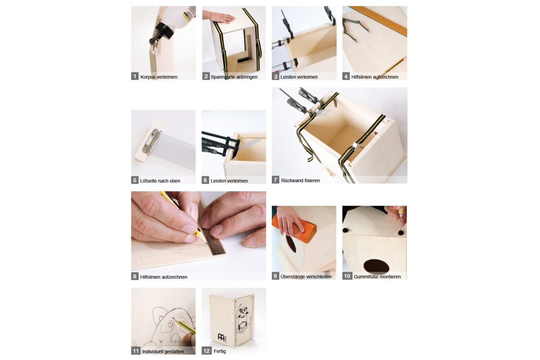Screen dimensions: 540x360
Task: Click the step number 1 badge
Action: point(135,76)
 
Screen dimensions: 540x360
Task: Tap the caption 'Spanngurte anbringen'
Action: point(234,77)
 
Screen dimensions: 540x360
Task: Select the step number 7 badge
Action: point(275,180)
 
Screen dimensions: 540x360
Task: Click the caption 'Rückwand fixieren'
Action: point(300,180)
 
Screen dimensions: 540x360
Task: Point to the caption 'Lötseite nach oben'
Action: point(160,181)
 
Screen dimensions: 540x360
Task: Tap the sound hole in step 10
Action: point(376,267)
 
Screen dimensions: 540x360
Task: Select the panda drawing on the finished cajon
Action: point(244,318)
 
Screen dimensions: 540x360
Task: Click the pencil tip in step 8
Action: point(207,244)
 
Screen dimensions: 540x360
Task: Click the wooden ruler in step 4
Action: point(378,21)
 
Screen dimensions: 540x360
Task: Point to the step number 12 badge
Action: point(207,351)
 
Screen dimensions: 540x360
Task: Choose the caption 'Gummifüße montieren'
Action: point(377,277)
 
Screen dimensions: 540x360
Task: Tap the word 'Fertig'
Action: point(220,351)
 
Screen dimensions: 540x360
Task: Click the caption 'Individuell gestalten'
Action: point(163,351)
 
